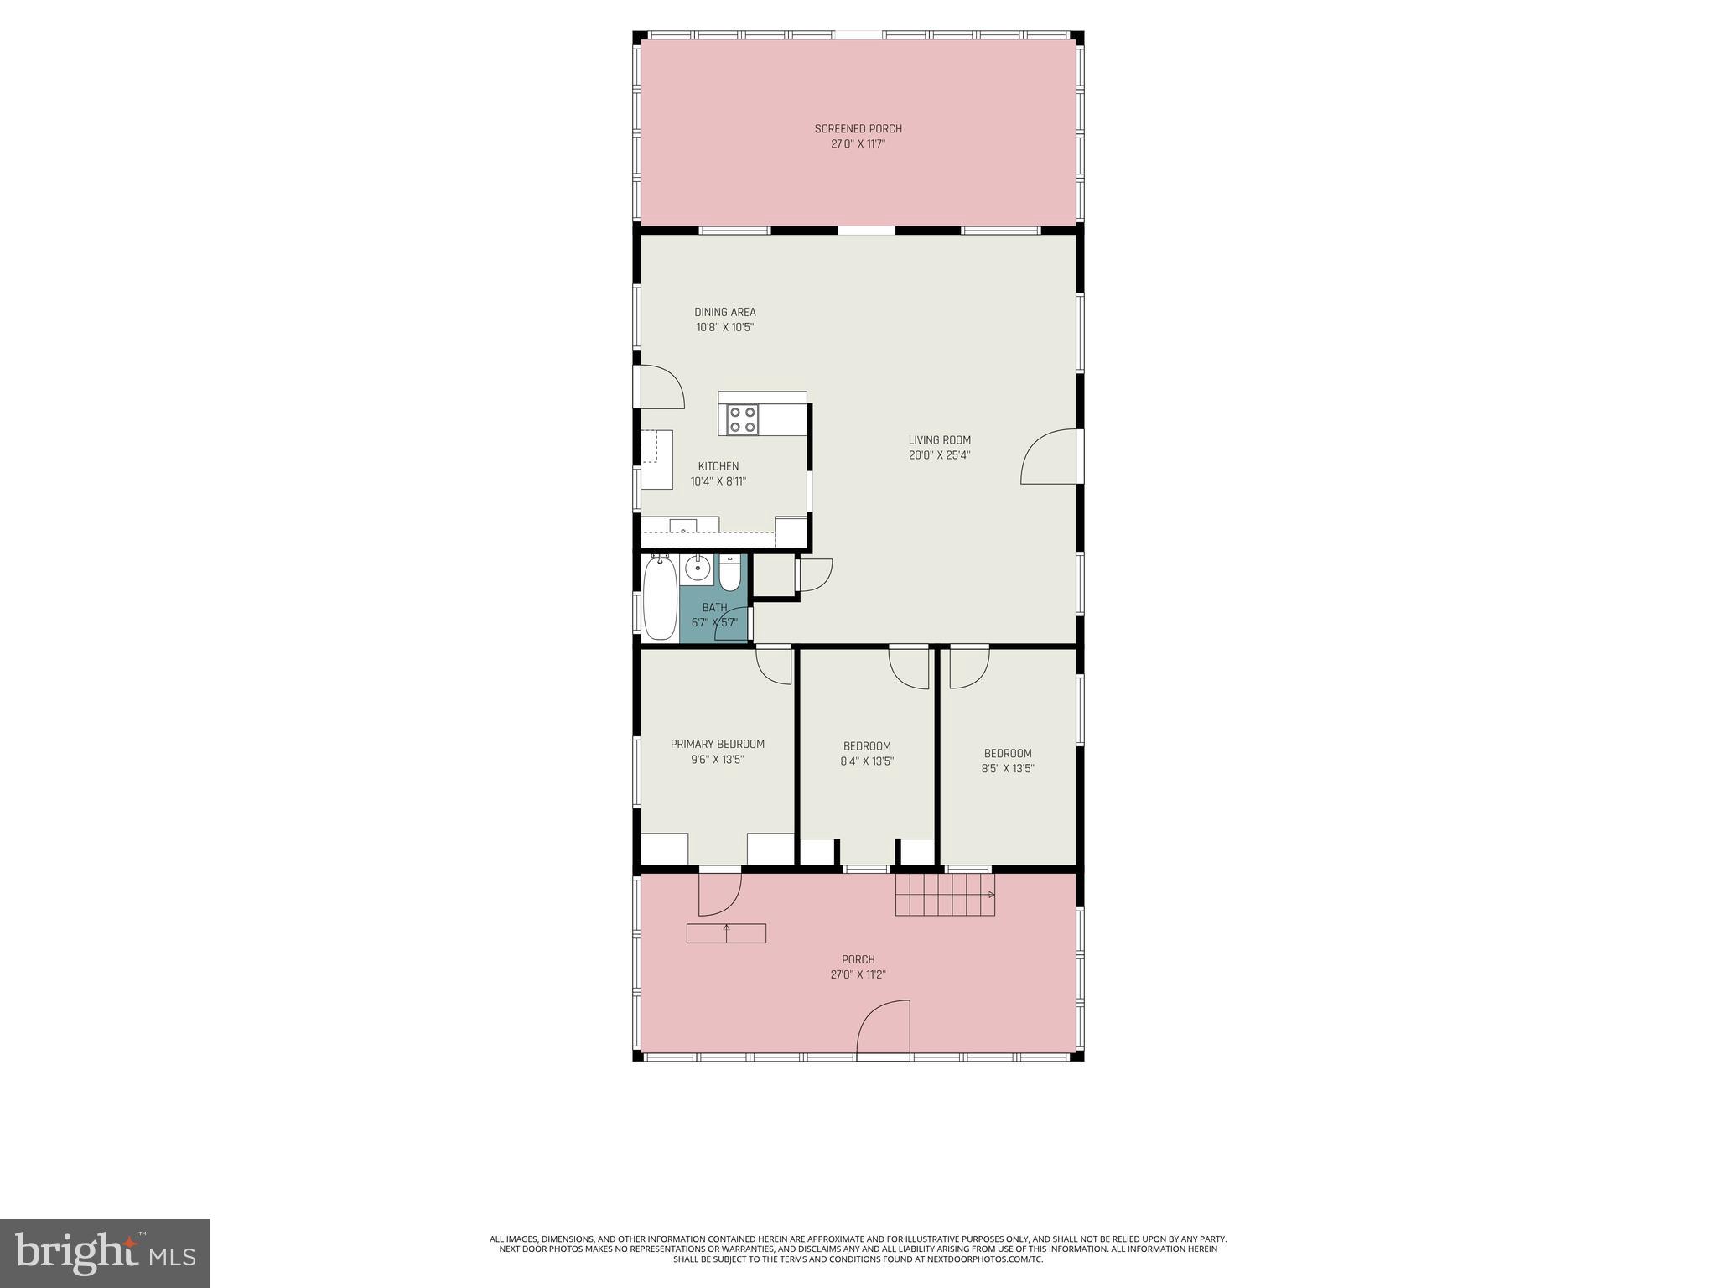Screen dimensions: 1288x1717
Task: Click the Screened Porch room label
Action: [858, 129]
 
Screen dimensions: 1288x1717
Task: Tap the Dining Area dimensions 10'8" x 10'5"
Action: [724, 328]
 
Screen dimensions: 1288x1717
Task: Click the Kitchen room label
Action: [718, 466]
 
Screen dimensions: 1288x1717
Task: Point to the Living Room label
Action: [939, 440]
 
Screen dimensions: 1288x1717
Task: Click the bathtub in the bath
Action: [659, 600]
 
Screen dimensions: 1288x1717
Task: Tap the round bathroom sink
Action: [696, 569]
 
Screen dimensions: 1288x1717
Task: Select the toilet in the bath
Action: [730, 574]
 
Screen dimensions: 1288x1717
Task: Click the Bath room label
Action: [714, 608]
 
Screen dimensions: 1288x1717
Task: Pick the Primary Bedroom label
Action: [717, 745]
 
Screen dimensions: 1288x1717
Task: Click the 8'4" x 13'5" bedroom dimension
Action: [867, 762]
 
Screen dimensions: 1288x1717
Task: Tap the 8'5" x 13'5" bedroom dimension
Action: [1008, 769]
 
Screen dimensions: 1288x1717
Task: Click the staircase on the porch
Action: [945, 894]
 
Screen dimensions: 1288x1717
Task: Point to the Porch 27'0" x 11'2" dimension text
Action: [858, 975]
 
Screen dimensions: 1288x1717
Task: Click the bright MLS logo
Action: [105, 1253]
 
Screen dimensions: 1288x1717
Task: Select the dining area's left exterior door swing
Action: [661, 388]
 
